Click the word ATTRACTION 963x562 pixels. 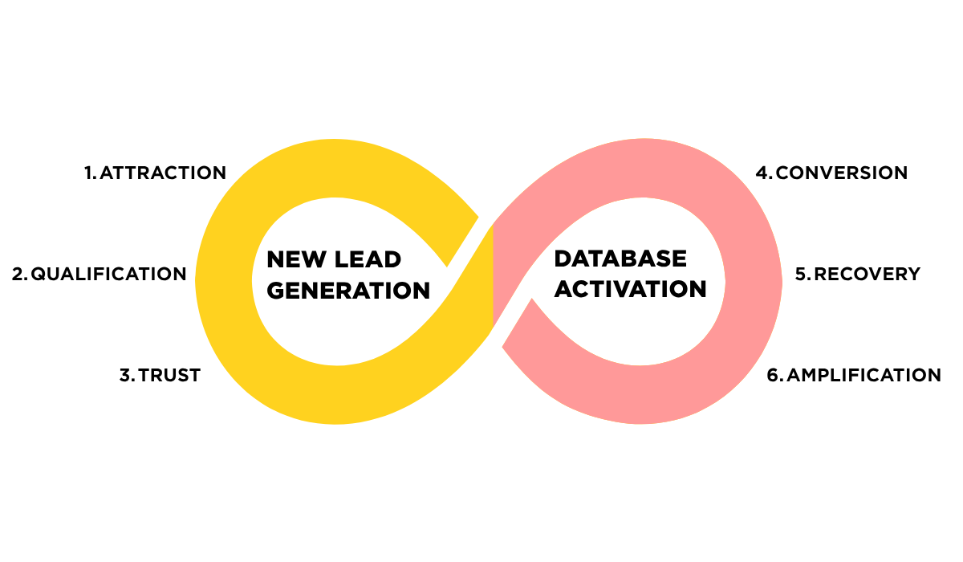point(163,173)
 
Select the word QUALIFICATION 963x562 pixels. point(109,274)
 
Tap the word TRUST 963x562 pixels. point(169,375)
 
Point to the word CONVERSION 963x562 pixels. point(841,173)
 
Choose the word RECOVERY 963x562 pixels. point(868,274)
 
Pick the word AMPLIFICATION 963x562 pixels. point(863,375)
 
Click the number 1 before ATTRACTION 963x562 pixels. point(89,173)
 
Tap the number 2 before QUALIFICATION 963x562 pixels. point(19,274)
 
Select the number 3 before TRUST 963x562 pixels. point(127,375)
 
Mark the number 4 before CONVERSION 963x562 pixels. point(763,173)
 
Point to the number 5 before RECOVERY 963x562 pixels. point(802,274)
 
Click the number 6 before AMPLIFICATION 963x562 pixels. point(774,375)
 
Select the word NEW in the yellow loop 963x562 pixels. point(297,259)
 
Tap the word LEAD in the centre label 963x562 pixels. point(368,259)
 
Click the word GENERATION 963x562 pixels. point(348,291)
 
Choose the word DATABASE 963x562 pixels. point(620,259)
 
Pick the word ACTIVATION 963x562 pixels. point(630,288)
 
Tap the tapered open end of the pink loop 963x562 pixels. point(518,324)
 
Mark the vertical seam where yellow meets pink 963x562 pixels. point(493,275)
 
